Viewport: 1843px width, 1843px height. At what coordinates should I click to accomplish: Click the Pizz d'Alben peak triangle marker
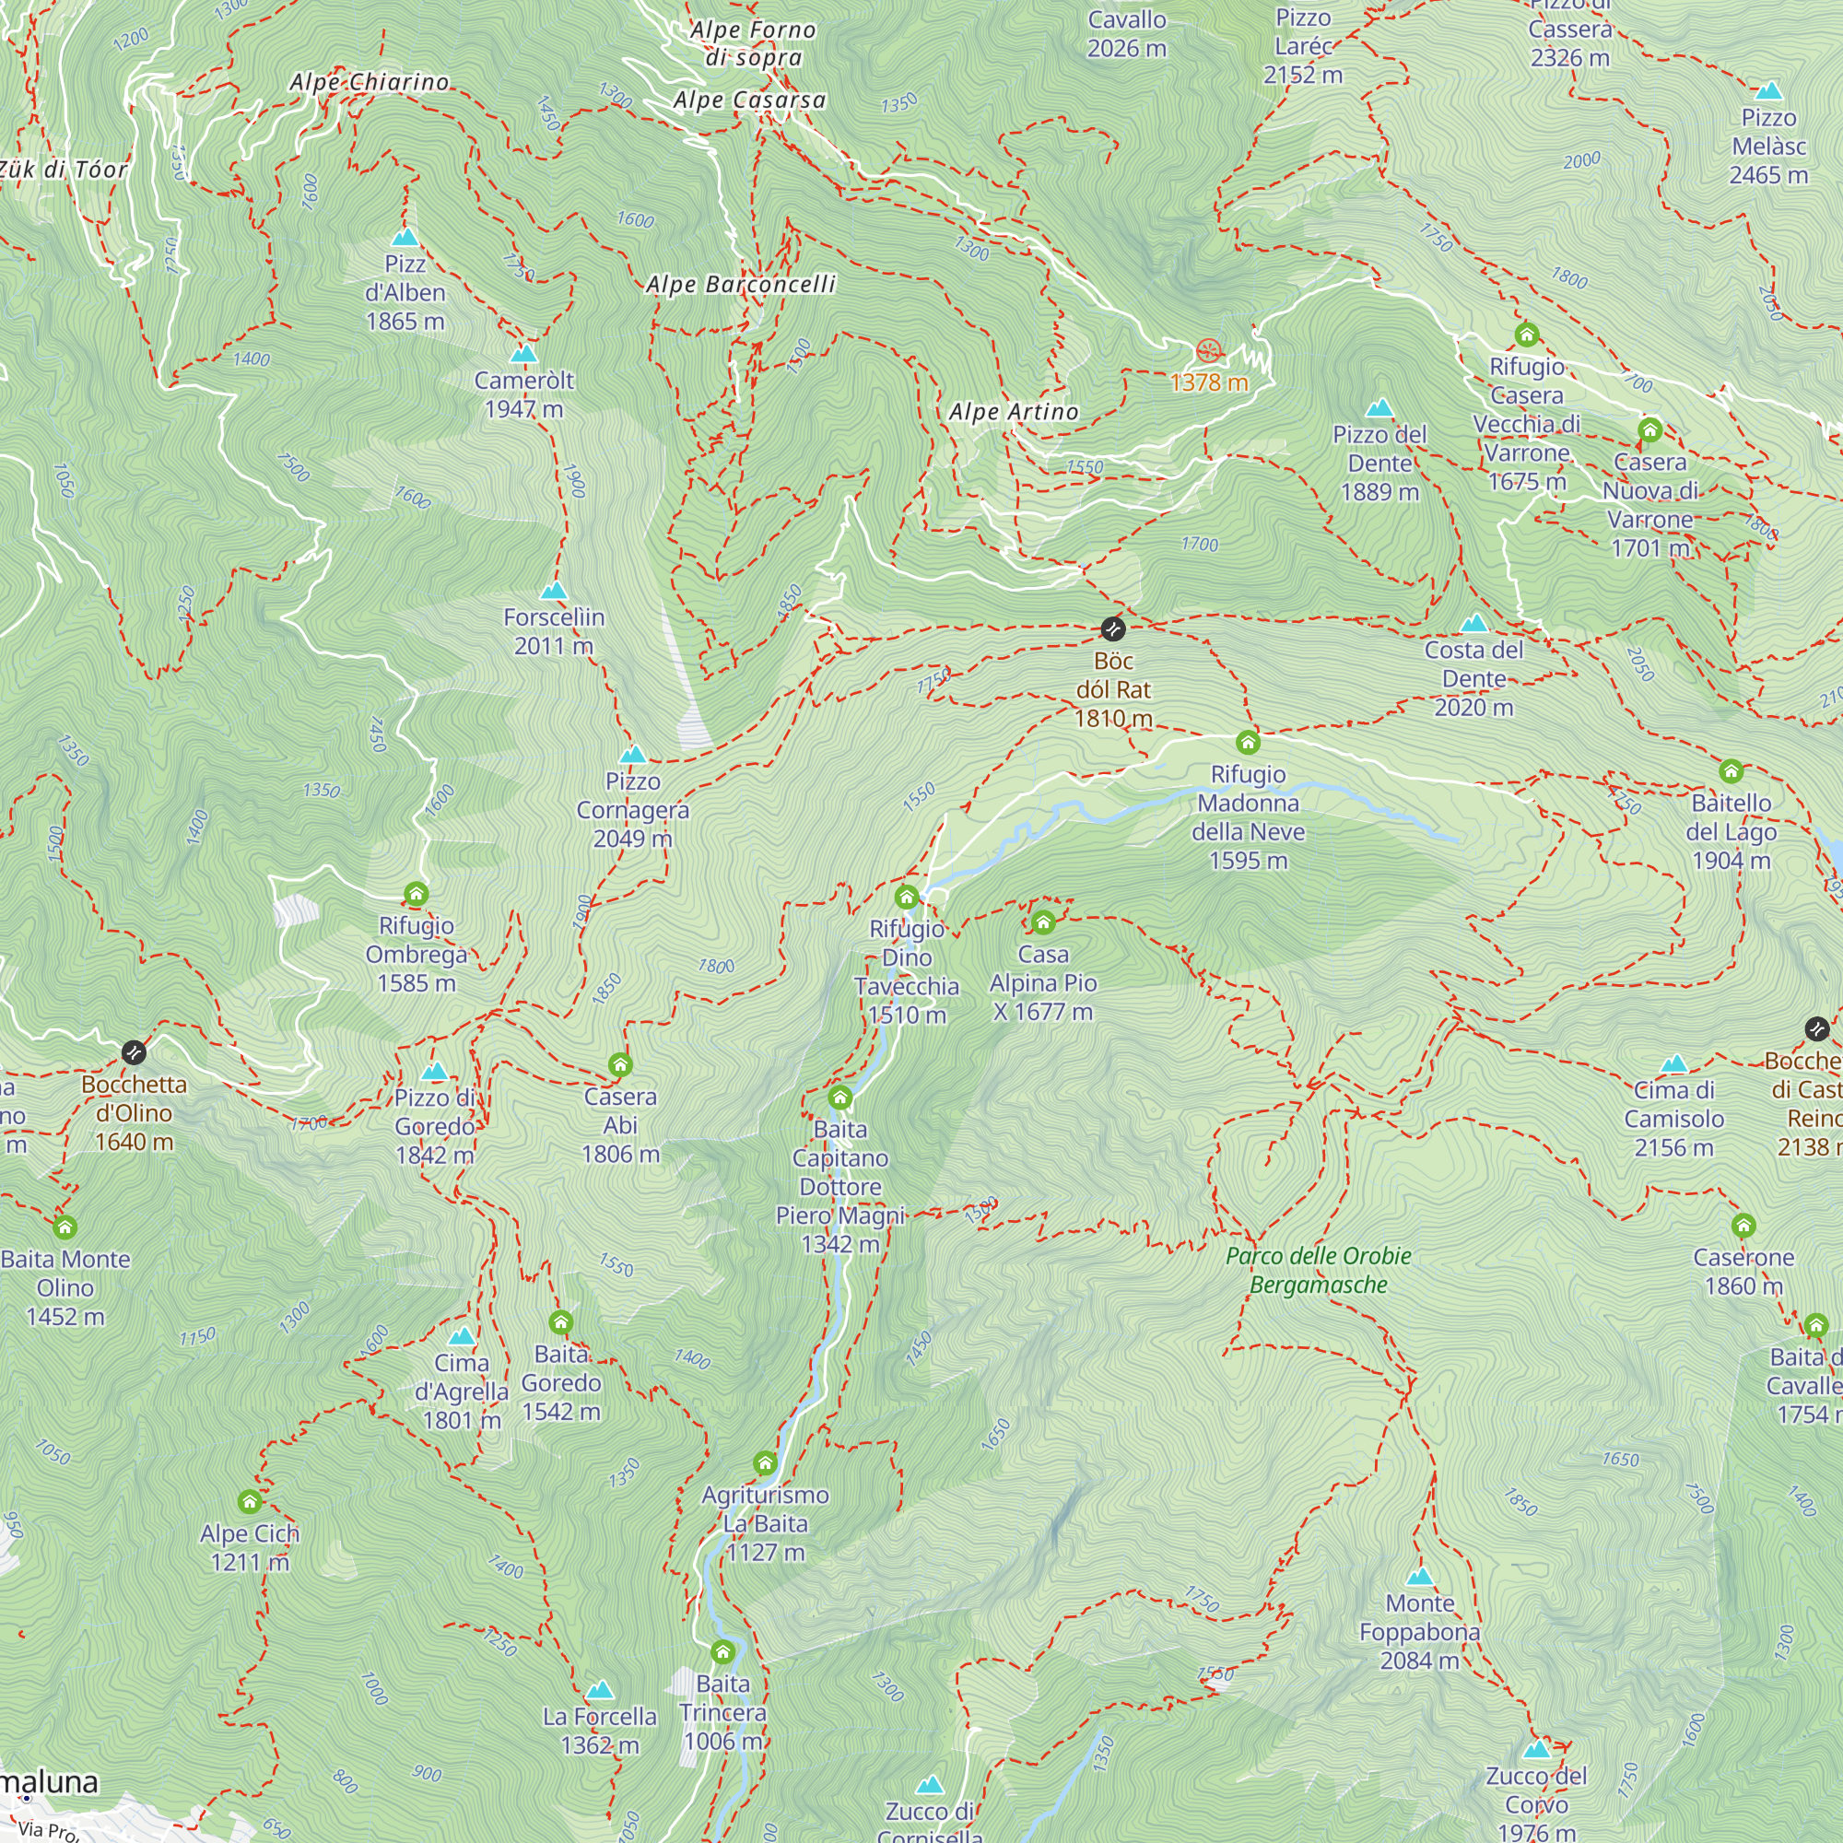405,237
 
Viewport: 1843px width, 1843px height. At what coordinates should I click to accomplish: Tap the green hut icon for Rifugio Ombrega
416,894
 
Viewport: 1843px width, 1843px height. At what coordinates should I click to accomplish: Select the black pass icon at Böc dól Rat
1112,628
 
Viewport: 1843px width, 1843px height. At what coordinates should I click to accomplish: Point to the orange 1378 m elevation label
1209,382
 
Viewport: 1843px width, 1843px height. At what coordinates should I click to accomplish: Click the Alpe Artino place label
1013,412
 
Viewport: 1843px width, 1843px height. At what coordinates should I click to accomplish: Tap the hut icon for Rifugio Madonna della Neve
1248,742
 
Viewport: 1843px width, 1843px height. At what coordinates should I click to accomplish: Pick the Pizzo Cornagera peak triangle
632,756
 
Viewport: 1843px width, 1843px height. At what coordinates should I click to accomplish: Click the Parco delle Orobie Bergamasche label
1319,1270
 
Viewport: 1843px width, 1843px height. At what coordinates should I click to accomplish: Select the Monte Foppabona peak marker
1420,1577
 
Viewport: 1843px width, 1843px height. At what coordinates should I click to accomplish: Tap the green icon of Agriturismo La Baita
765,1463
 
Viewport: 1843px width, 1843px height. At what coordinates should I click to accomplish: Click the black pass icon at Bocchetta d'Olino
134,1052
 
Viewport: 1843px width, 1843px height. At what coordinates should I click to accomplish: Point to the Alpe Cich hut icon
250,1502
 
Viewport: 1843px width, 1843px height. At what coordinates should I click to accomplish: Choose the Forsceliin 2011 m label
553,631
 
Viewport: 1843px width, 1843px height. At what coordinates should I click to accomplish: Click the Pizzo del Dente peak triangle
1379,409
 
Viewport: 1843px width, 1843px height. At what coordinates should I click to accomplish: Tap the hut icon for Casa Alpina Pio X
1042,922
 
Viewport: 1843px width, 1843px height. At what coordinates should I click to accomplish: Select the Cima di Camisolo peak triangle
1674,1064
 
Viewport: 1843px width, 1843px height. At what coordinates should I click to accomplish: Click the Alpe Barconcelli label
740,284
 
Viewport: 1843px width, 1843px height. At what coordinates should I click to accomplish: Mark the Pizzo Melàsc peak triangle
1768,91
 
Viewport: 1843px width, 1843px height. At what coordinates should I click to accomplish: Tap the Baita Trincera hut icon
723,1651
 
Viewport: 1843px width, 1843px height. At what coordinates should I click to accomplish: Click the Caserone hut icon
1743,1226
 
